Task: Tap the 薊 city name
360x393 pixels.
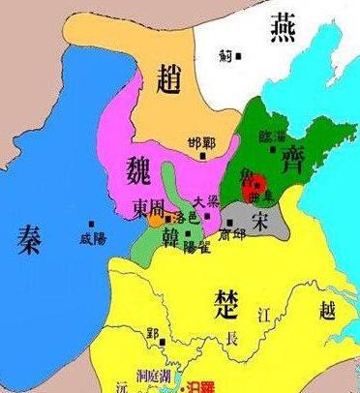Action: [228, 55]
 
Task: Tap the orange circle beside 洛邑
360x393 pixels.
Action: [156, 222]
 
